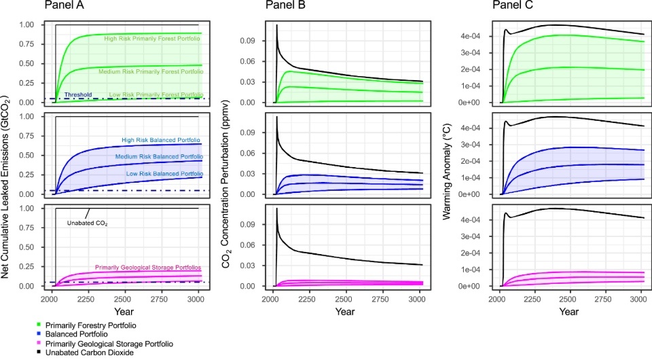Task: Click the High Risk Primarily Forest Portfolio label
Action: (x=152, y=39)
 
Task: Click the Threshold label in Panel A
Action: (x=77, y=95)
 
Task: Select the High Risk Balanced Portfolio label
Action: (x=161, y=141)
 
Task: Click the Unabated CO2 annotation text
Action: (x=88, y=222)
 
